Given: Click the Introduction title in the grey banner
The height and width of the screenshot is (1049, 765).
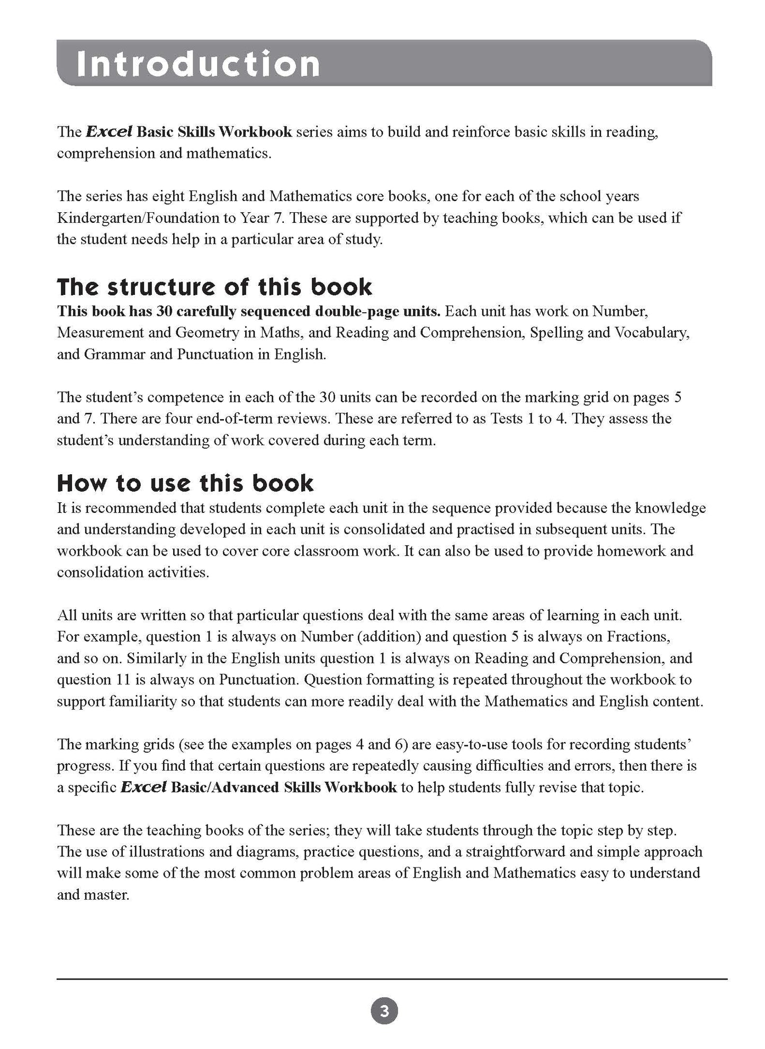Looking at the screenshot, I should coord(198,64).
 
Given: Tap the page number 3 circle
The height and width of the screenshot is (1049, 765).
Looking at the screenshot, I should coord(384,1011).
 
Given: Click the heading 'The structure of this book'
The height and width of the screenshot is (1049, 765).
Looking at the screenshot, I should coord(214,287).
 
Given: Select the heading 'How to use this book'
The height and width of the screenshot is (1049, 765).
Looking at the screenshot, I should coord(185,483).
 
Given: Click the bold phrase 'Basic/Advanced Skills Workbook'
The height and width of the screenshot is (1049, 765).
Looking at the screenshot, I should coord(284,787).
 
